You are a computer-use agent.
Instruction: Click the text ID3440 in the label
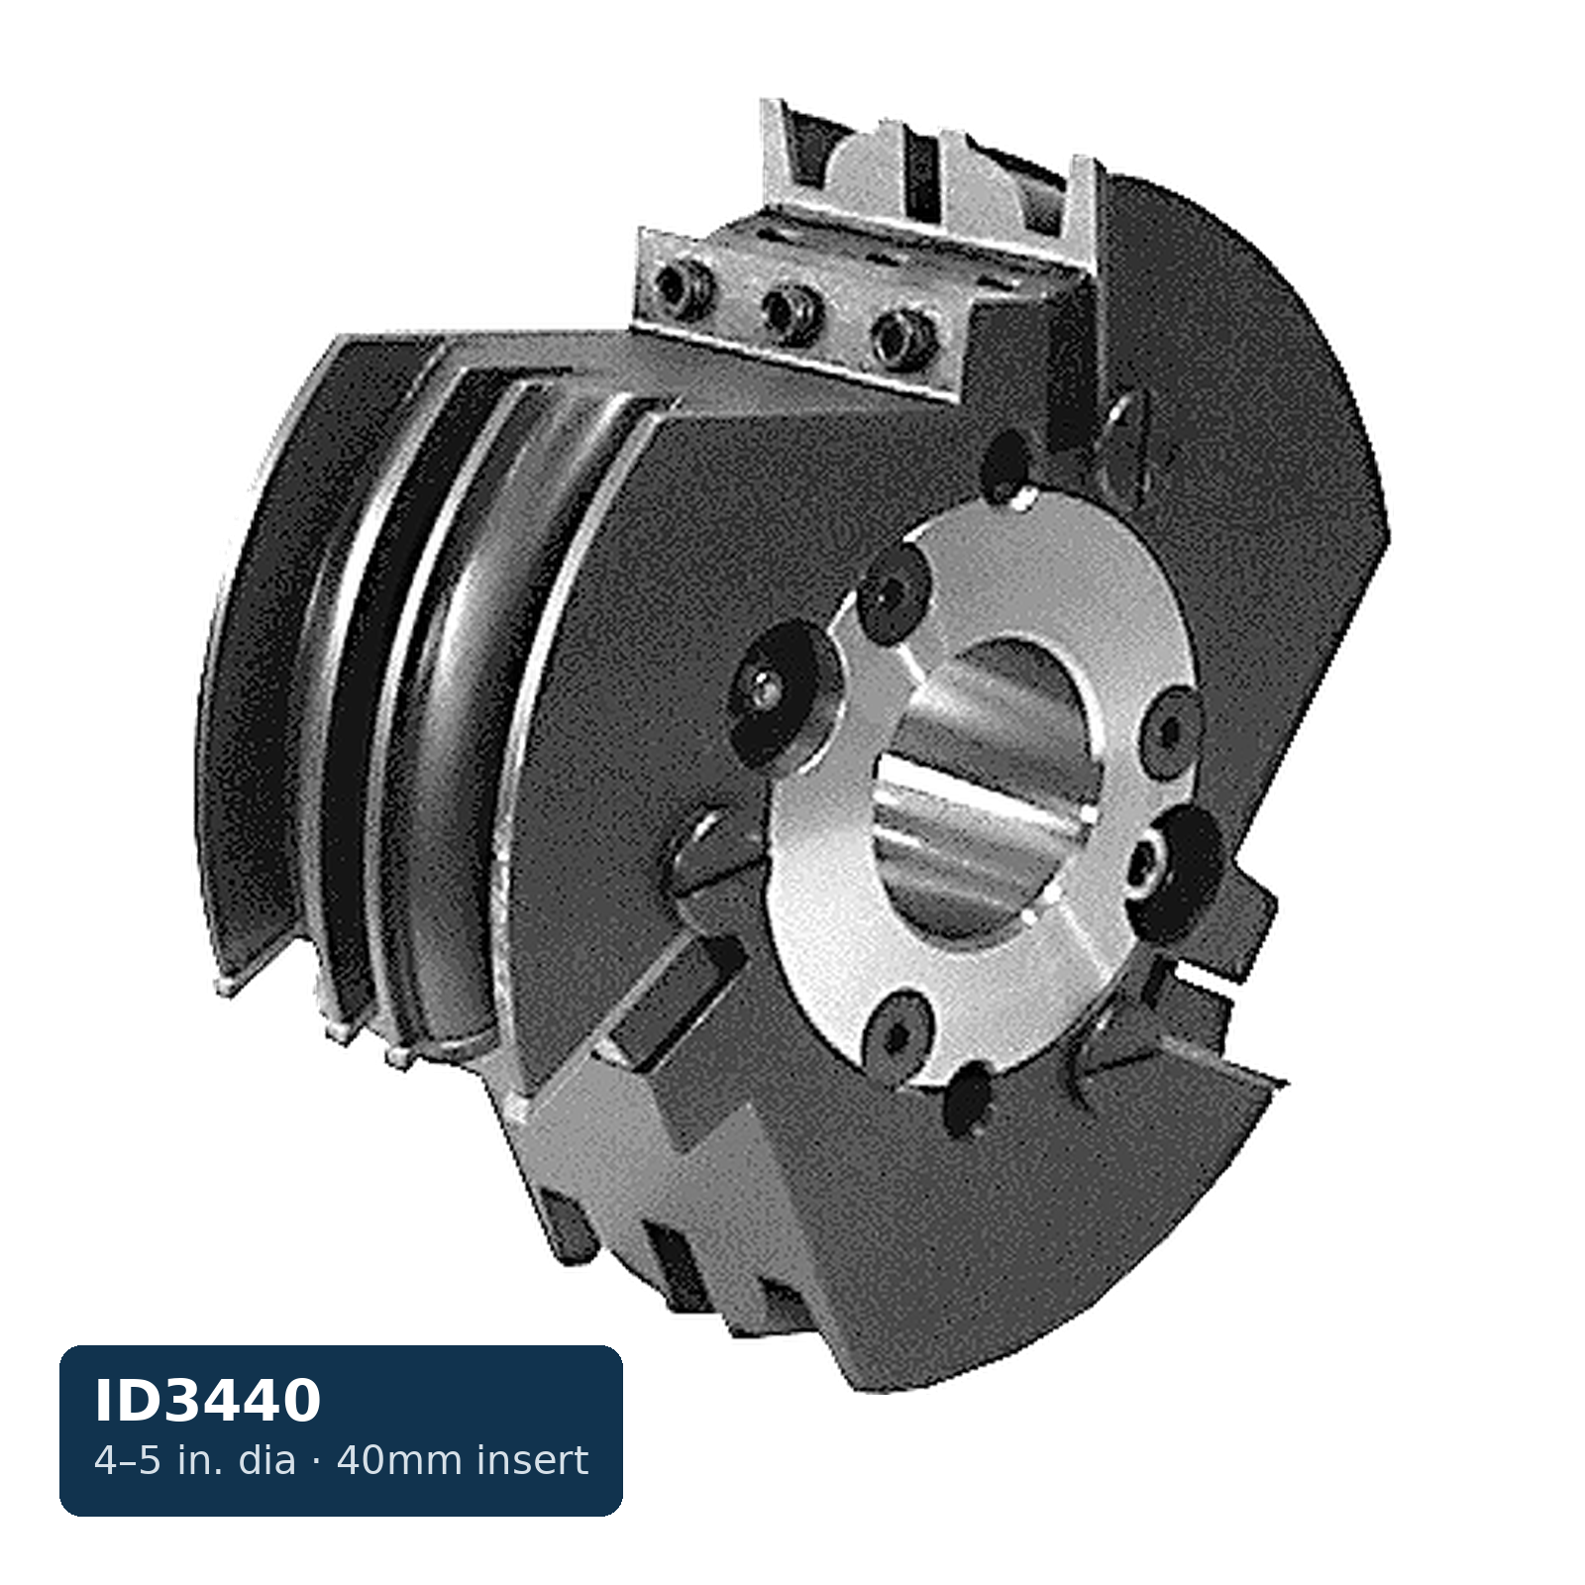208,1401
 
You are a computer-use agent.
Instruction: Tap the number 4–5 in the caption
128,1460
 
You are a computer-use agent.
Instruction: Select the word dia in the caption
266,1460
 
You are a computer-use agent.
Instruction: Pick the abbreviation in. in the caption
201,1460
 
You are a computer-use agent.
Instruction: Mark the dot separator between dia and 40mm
316,1460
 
